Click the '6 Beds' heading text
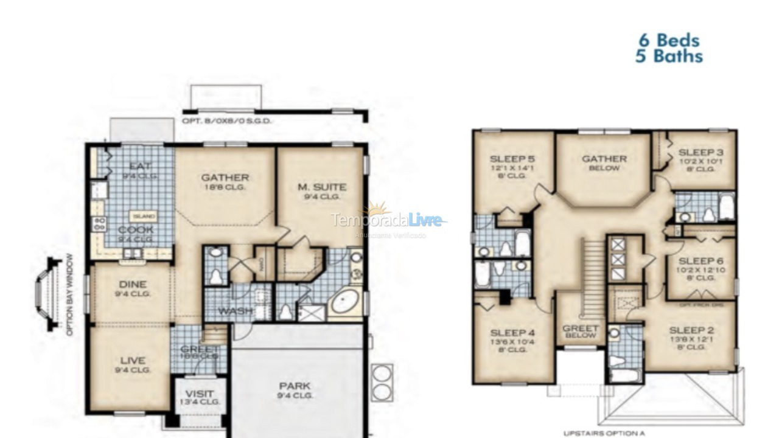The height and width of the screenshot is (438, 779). [x=669, y=41]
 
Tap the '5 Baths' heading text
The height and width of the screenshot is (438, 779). [x=669, y=57]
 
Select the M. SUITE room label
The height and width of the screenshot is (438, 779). [x=322, y=187]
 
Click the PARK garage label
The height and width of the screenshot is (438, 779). [x=295, y=386]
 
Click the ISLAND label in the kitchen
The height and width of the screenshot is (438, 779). [x=144, y=217]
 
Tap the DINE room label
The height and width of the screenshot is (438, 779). [x=132, y=284]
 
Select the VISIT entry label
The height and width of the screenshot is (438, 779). [x=200, y=394]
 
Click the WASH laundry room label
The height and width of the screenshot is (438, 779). [x=236, y=311]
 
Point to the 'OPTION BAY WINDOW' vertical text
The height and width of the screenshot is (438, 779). [x=70, y=295]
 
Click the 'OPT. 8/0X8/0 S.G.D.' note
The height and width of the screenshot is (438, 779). [x=227, y=121]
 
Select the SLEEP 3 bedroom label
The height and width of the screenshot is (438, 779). [x=700, y=152]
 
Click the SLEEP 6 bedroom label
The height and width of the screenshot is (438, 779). [x=700, y=260]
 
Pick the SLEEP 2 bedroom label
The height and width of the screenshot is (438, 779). [x=691, y=331]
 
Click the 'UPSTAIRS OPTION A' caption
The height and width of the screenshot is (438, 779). [x=604, y=433]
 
